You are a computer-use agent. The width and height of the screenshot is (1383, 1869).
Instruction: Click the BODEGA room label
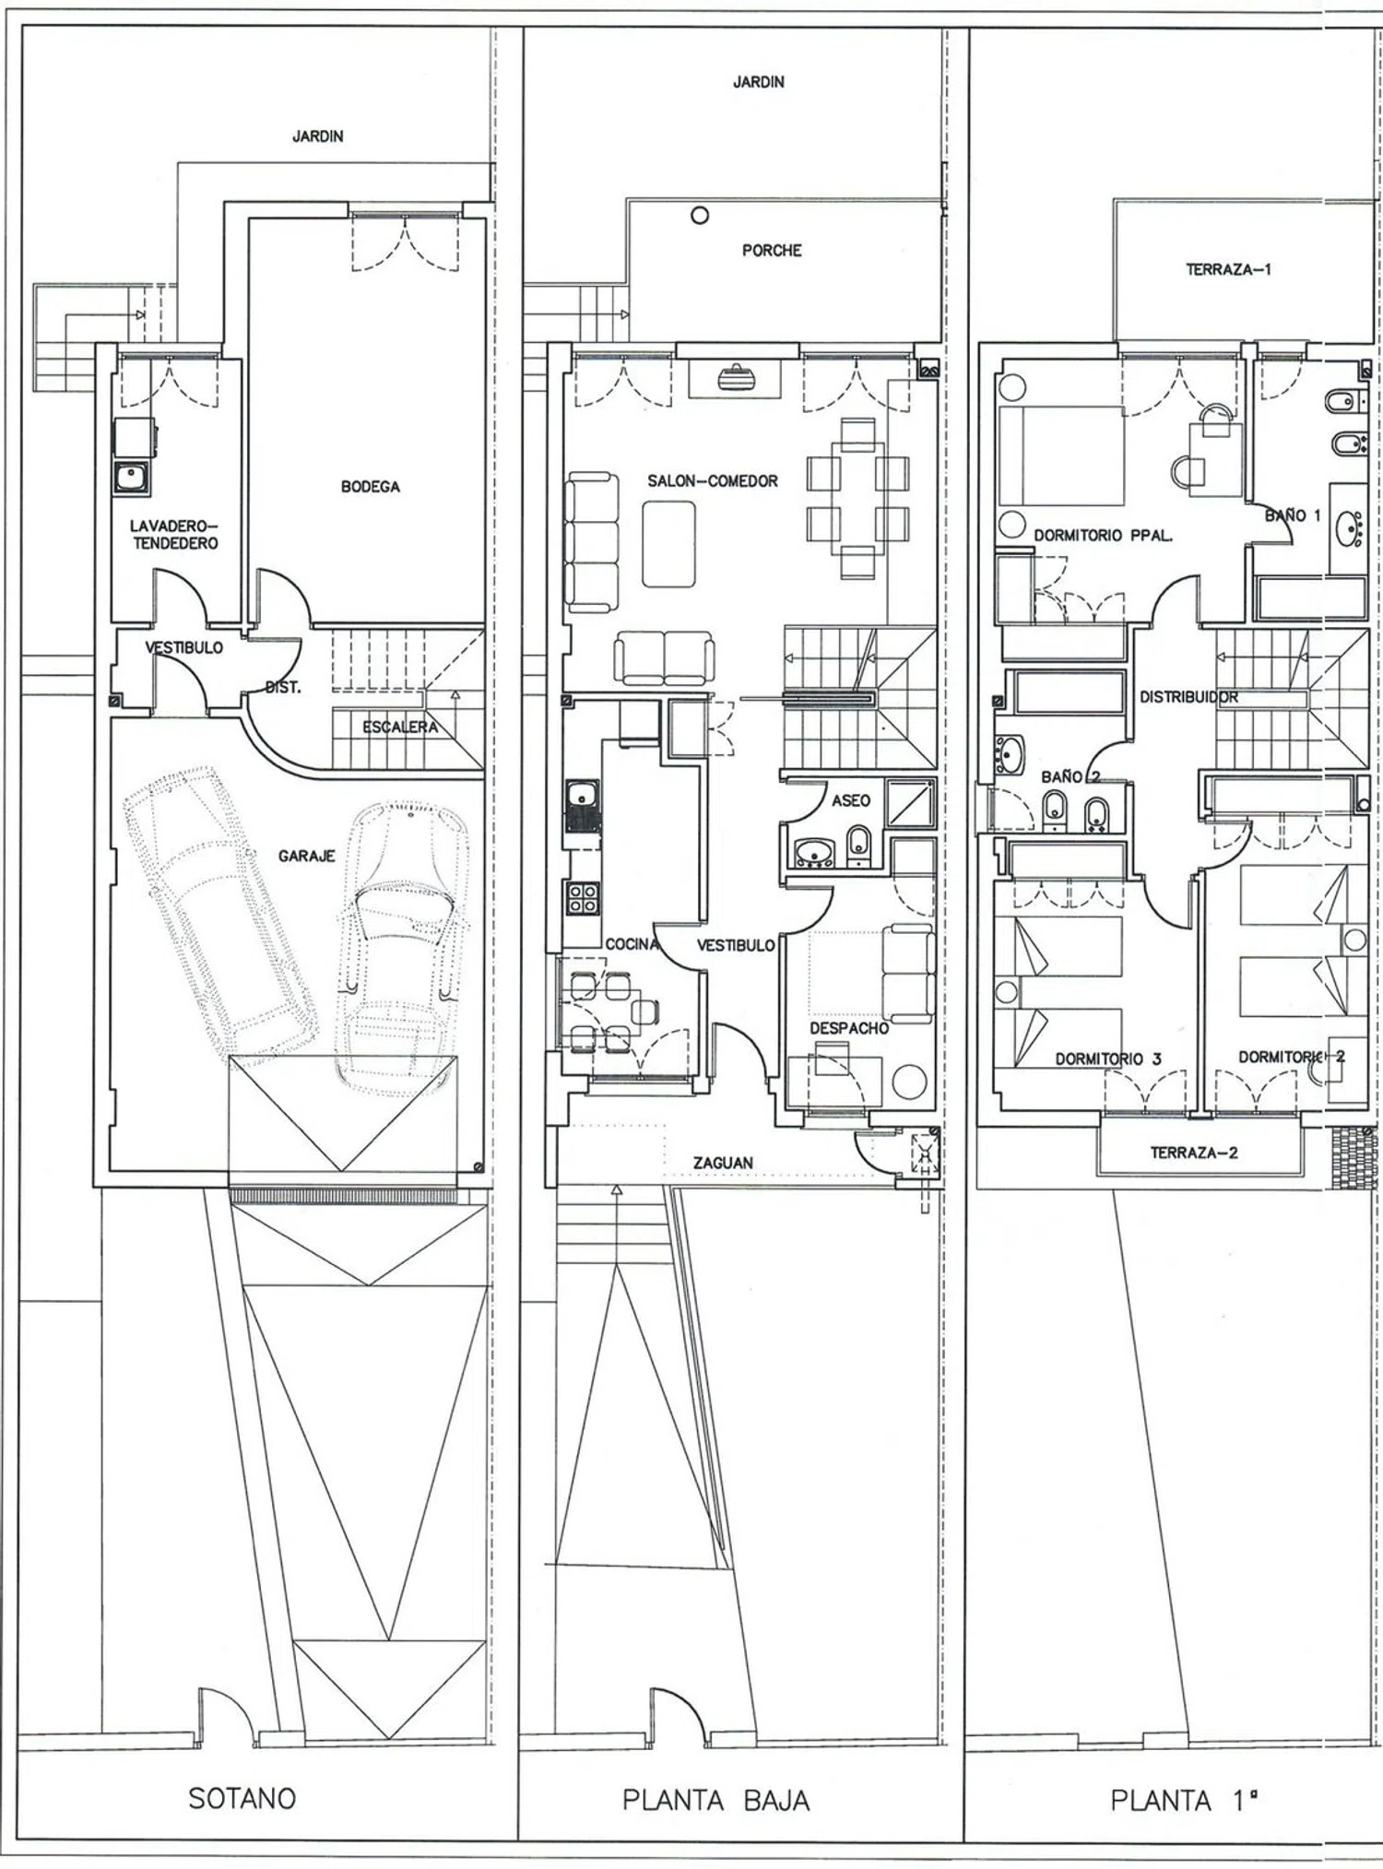click(x=371, y=487)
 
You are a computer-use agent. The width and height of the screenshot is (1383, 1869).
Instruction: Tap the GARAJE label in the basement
click(x=307, y=857)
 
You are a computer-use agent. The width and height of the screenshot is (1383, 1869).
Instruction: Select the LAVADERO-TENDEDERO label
click(x=175, y=535)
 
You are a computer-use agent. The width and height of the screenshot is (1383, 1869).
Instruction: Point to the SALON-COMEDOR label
click(x=713, y=481)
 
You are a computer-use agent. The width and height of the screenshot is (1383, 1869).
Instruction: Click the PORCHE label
click(x=772, y=251)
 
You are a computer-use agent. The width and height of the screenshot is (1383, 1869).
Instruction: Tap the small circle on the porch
click(x=700, y=216)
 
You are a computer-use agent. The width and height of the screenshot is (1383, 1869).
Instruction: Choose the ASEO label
click(x=851, y=800)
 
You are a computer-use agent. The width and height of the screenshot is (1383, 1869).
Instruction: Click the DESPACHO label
click(x=849, y=1028)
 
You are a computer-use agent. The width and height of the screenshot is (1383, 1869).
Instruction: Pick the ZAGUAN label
click(x=723, y=1164)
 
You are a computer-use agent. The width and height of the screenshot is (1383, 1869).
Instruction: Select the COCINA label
click(x=632, y=944)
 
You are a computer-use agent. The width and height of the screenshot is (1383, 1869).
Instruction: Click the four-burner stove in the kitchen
click(x=583, y=898)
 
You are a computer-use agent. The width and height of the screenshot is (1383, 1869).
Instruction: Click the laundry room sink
click(x=131, y=478)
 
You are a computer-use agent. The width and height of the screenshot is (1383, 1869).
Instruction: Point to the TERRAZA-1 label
click(x=1229, y=270)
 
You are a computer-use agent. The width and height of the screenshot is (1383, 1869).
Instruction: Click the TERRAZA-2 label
click(x=1194, y=1153)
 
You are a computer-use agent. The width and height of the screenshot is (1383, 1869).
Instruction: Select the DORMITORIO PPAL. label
click(x=1104, y=536)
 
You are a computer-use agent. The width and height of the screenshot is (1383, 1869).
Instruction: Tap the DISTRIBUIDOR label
click(x=1189, y=697)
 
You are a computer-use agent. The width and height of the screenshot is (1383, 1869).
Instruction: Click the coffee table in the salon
click(x=669, y=544)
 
